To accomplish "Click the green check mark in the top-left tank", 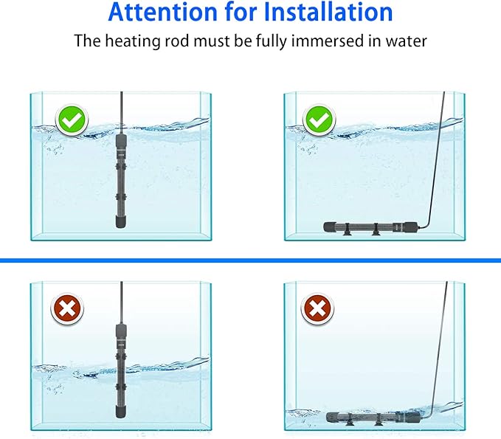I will click(x=71, y=119).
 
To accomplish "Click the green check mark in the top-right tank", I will click(x=319, y=119).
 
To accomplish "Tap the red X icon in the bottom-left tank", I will click(x=66, y=310).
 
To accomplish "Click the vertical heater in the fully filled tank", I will click(x=120, y=177).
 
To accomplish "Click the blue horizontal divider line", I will click(x=250, y=260).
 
